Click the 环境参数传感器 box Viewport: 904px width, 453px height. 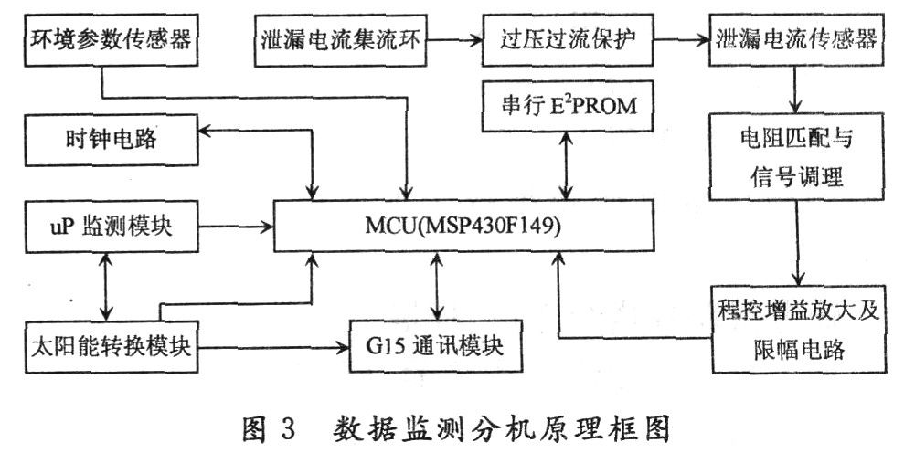pos(112,40)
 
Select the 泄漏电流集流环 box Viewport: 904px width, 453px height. pos(340,40)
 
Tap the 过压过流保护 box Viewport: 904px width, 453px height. pos(568,40)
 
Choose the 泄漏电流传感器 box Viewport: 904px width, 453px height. pos(796,40)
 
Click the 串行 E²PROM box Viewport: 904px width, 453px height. pos(568,106)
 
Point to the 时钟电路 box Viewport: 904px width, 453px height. pos(112,140)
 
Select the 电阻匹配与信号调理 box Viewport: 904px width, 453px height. pos(796,157)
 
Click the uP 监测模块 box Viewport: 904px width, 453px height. pos(112,226)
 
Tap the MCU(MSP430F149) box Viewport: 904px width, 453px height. pos(463,226)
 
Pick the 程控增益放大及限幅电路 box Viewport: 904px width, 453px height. pos(799,330)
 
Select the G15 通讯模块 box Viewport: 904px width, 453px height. pos(435,346)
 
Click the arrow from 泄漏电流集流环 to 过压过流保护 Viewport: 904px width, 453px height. pos(454,40)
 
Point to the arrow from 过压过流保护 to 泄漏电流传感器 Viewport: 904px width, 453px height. pos(682,40)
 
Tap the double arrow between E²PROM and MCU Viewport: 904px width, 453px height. pos(568,166)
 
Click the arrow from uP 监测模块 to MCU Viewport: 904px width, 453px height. pos(236,226)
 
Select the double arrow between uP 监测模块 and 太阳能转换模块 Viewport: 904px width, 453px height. pos(105,287)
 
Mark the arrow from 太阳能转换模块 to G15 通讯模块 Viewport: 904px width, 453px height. pos(274,348)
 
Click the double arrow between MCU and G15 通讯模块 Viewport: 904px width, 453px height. pos(437,287)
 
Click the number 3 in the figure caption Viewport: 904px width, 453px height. pos(288,429)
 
